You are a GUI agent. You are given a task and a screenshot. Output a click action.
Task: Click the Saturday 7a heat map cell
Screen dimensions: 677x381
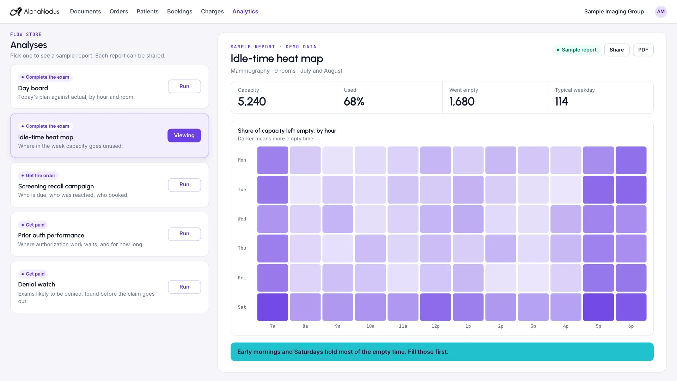[x=273, y=307]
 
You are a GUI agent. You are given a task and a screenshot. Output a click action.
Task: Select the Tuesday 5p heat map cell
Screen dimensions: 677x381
[x=598, y=189]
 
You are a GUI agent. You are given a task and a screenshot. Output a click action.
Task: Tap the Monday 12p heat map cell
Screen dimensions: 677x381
[x=435, y=160]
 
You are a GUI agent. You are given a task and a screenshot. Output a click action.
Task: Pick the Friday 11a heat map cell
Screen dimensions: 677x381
[x=403, y=278]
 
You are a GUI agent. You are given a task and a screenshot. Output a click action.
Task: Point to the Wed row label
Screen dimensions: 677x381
[x=242, y=219]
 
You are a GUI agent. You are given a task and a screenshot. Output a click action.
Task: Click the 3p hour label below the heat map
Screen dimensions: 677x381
[x=533, y=326]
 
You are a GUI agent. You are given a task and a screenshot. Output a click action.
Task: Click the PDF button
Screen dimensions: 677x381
[x=643, y=50]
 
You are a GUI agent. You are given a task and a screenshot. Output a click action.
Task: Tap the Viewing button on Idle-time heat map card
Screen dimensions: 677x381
[x=184, y=135]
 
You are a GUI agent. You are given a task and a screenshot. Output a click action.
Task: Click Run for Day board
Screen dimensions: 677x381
[x=184, y=86]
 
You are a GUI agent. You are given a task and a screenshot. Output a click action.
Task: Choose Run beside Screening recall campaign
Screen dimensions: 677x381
[x=184, y=185]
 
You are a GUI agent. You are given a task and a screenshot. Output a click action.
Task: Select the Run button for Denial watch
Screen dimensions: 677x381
[x=184, y=287]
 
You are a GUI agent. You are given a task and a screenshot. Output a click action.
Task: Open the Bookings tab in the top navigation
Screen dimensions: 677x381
[x=180, y=11]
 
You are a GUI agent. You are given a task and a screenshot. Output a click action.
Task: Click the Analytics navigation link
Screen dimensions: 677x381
[x=245, y=11]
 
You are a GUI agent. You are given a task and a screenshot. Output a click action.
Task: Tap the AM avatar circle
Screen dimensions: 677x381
[x=661, y=12]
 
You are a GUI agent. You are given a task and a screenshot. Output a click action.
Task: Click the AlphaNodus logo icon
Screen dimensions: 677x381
[x=16, y=12]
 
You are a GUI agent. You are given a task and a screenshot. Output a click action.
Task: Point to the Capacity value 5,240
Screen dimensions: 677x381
[x=252, y=102]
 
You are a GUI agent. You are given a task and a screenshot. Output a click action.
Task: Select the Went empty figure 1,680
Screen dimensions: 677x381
[x=462, y=102]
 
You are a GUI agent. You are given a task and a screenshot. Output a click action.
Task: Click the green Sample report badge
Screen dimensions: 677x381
[x=577, y=50]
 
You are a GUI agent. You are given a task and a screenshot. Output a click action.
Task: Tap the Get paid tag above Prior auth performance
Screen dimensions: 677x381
[x=33, y=225]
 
